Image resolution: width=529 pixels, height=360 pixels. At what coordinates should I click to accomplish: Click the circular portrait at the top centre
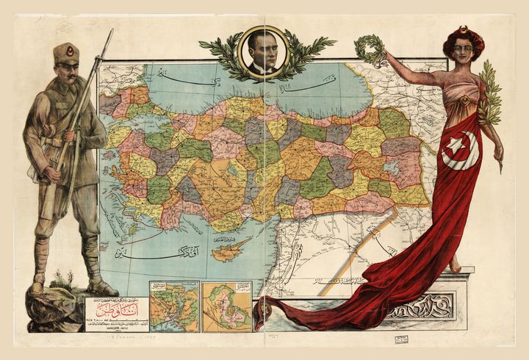pos(264,51)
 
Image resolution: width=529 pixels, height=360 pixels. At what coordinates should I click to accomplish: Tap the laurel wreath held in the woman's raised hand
pos(369,49)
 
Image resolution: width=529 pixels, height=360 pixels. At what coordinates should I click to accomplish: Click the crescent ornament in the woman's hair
pos(464,30)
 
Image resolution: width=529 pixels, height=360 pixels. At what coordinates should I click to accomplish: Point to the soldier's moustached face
pos(67,72)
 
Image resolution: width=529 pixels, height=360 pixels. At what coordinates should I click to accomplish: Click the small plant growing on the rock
pos(62,278)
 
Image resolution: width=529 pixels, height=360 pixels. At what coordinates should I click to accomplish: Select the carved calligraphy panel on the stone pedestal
pos(425,303)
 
